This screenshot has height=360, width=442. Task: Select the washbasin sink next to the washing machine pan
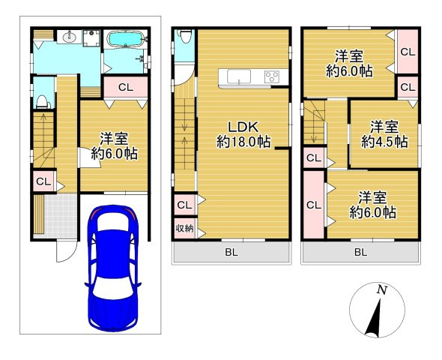tap(69, 37)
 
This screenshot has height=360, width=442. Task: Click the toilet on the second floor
tap(185, 36)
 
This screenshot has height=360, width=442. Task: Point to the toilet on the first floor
tap(43, 102)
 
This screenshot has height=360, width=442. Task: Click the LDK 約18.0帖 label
tap(243, 134)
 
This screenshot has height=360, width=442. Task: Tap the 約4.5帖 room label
tap(384, 142)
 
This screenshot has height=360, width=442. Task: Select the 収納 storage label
tap(184, 228)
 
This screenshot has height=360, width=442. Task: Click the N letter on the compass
tap(382, 289)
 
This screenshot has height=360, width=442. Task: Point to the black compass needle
tap(374, 318)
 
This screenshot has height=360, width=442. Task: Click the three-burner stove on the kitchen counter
tap(271, 76)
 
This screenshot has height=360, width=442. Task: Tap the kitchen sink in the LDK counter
tap(239, 76)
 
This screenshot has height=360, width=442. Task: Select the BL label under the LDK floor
tap(231, 252)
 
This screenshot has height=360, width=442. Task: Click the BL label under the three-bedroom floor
tap(361, 252)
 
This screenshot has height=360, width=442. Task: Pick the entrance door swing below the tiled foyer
tap(66, 252)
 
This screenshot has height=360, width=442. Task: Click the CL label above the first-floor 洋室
tap(126, 88)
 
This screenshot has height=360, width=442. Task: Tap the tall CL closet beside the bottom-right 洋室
tap(314, 205)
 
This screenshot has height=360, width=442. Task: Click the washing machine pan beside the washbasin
tap(91, 38)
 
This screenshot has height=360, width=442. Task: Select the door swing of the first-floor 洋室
tap(89, 157)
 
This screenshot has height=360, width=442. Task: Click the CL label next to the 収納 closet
tap(184, 205)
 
